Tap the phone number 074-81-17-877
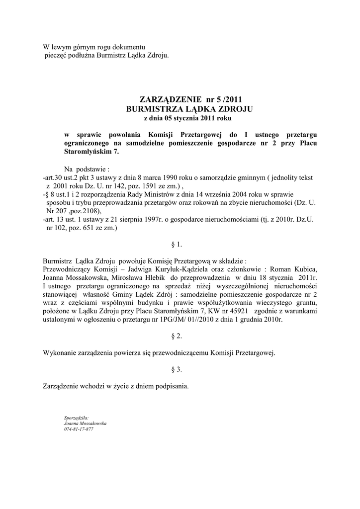79,429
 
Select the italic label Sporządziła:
76,418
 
